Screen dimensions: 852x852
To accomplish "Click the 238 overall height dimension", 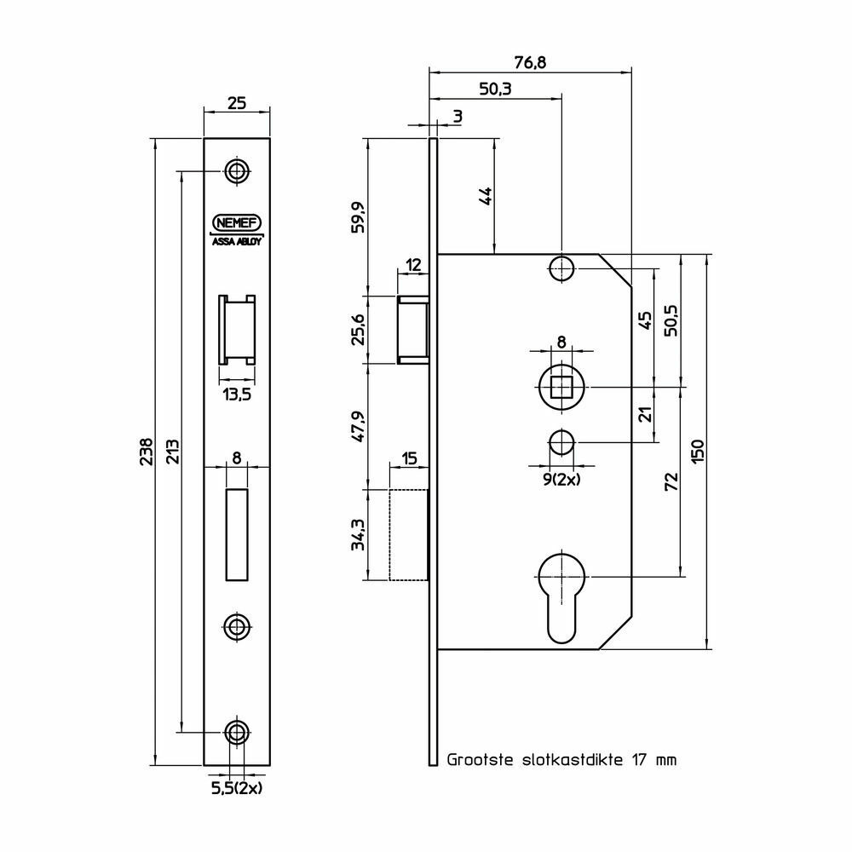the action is [x=147, y=452].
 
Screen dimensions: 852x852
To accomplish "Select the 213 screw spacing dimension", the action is [x=172, y=452].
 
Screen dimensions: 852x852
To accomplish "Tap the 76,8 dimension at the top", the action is [x=530, y=62].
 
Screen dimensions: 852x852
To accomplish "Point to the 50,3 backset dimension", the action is [x=495, y=89].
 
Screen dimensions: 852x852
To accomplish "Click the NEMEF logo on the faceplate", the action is [x=236, y=222].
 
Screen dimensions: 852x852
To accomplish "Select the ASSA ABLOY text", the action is [x=236, y=242].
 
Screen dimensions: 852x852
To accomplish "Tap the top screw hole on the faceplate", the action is [x=236, y=171].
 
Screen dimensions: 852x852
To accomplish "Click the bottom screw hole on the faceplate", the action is [x=236, y=733].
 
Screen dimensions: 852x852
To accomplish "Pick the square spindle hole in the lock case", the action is [x=561, y=387].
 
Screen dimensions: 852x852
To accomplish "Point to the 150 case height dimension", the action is [x=699, y=451].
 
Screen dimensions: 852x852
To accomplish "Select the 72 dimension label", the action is [x=672, y=481].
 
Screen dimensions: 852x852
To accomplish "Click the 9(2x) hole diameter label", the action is [x=561, y=479].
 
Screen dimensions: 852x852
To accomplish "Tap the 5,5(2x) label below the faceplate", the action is [x=236, y=788].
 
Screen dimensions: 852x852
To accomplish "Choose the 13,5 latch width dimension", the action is [x=237, y=394].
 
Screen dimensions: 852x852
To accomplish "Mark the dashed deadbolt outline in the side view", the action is [x=409, y=535].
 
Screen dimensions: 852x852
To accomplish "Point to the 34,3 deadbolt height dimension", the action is [x=358, y=535].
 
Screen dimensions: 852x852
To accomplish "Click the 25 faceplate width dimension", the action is [x=237, y=103].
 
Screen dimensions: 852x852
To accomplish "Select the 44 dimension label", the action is [x=486, y=196].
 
